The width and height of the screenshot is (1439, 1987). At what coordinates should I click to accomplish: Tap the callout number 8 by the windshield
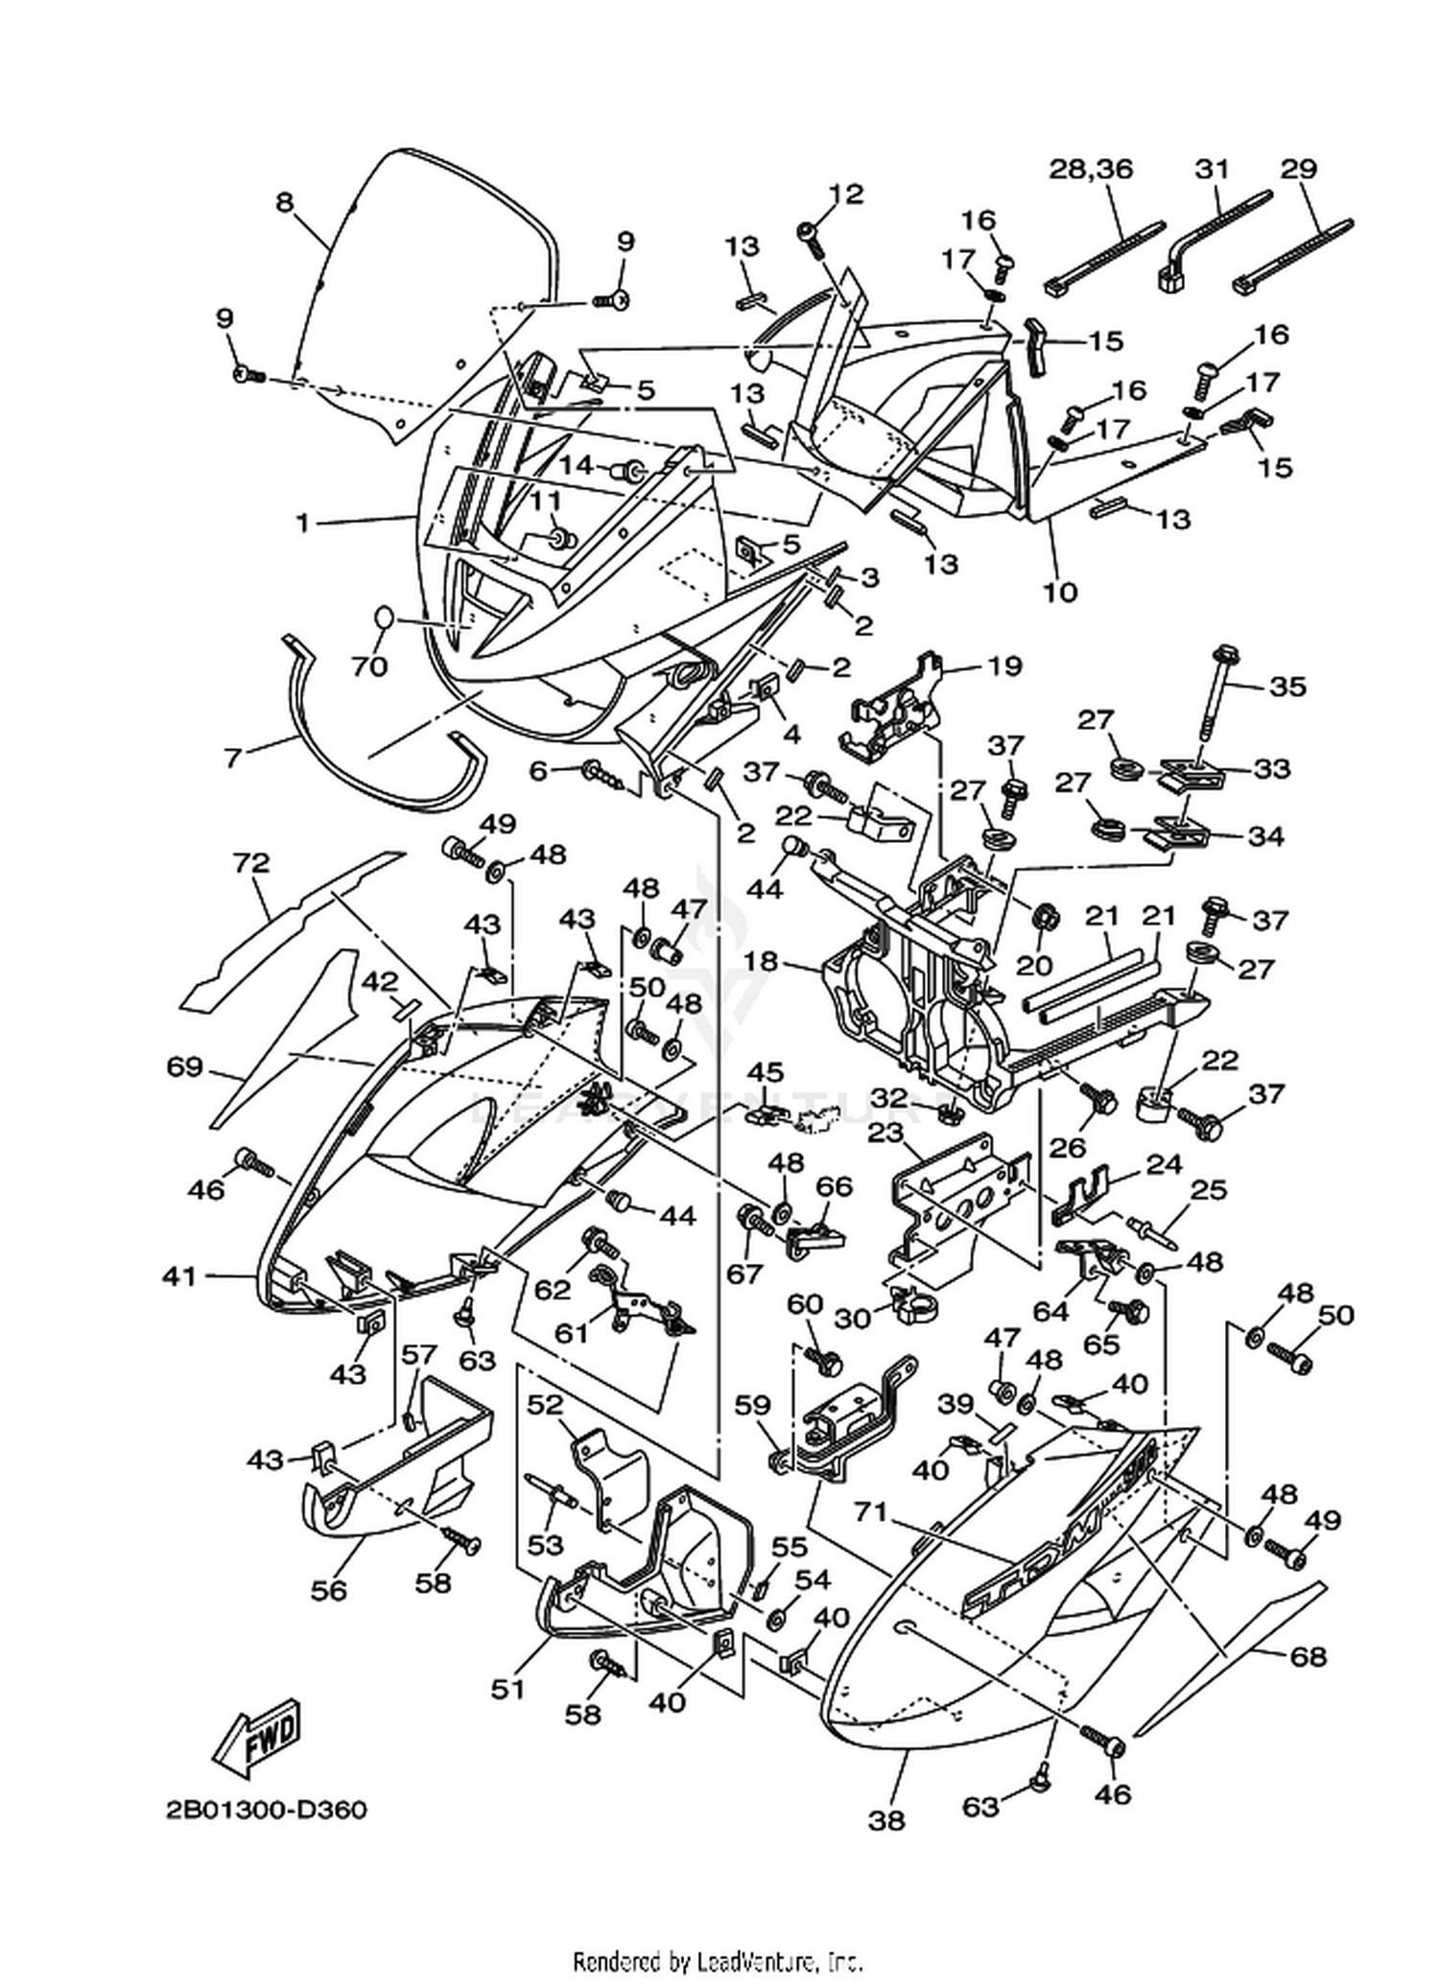click(283, 203)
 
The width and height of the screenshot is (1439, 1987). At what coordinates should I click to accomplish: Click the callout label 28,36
click(1090, 169)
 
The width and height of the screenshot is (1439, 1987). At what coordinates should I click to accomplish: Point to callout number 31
click(1212, 169)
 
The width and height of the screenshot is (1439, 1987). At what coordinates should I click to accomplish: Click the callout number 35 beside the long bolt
click(1287, 687)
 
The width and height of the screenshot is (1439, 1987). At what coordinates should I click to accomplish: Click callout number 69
click(184, 1066)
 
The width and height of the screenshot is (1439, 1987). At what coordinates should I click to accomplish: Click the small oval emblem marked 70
click(382, 617)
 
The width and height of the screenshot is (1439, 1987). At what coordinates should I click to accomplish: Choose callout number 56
click(328, 1590)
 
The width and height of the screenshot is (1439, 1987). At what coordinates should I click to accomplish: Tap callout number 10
click(1060, 592)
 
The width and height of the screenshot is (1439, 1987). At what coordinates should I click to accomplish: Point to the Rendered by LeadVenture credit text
click(719, 1961)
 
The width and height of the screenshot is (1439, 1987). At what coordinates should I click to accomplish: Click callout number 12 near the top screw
click(846, 194)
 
